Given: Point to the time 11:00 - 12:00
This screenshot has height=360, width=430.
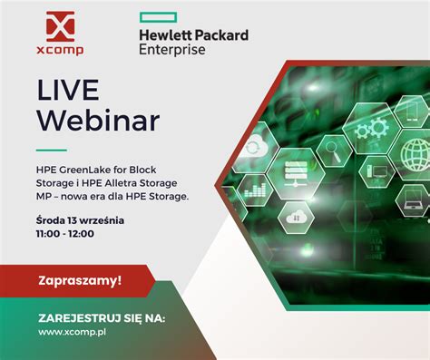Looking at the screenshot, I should [x=65, y=233].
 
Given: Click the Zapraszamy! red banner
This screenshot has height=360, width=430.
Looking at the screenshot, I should [x=80, y=280].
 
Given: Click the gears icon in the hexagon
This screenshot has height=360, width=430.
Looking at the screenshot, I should [x=371, y=129].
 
